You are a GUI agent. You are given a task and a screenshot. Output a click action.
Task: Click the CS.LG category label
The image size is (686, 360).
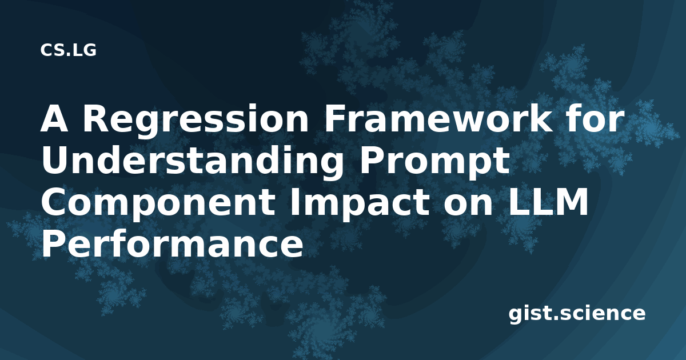(x=68, y=50)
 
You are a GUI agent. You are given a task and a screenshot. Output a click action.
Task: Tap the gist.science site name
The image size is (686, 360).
(x=577, y=314)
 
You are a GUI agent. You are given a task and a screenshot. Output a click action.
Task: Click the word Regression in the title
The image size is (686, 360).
(x=196, y=121)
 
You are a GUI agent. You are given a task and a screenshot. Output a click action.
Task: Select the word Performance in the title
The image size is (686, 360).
(x=172, y=243)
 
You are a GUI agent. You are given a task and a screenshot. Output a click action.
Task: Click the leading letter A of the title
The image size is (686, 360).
(x=54, y=119)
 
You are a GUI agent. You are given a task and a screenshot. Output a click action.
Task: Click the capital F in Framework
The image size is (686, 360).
(x=334, y=119)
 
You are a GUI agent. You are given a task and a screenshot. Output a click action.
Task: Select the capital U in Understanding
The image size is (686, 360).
(x=54, y=161)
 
